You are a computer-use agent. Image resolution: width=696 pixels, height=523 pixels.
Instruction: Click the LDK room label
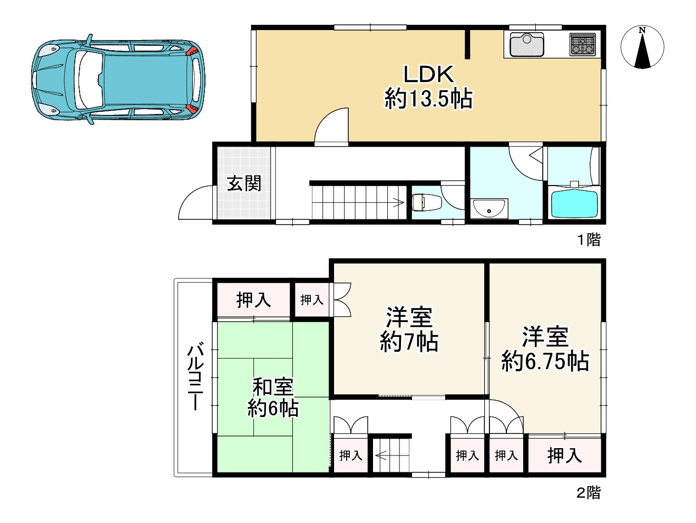(x=428, y=74)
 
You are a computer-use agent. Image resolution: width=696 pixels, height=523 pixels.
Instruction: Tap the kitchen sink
(x=527, y=44)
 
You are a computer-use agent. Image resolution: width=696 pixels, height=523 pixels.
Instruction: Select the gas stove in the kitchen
(x=583, y=44)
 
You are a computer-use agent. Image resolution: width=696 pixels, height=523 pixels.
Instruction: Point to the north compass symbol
(x=642, y=47)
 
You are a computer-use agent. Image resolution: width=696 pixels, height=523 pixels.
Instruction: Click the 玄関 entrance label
(x=244, y=183)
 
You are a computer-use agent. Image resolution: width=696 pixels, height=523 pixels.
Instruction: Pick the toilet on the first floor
(x=426, y=202)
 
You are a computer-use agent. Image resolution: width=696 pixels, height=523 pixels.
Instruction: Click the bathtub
(x=574, y=203)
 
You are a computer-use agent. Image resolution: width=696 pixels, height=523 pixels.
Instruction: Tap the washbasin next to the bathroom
(x=489, y=208)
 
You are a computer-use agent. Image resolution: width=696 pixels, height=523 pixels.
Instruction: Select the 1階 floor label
(x=589, y=239)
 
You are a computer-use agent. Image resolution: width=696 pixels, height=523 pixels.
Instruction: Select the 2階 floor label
(x=589, y=493)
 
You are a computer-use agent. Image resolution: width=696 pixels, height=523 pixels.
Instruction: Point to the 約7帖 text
(x=409, y=342)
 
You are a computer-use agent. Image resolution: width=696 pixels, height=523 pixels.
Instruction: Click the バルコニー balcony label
(x=195, y=376)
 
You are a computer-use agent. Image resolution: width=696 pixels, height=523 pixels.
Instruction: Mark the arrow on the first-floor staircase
(x=398, y=202)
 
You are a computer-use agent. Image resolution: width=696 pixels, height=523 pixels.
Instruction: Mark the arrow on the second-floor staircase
(x=382, y=456)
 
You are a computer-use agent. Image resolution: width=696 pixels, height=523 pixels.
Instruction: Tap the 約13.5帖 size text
(x=429, y=99)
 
